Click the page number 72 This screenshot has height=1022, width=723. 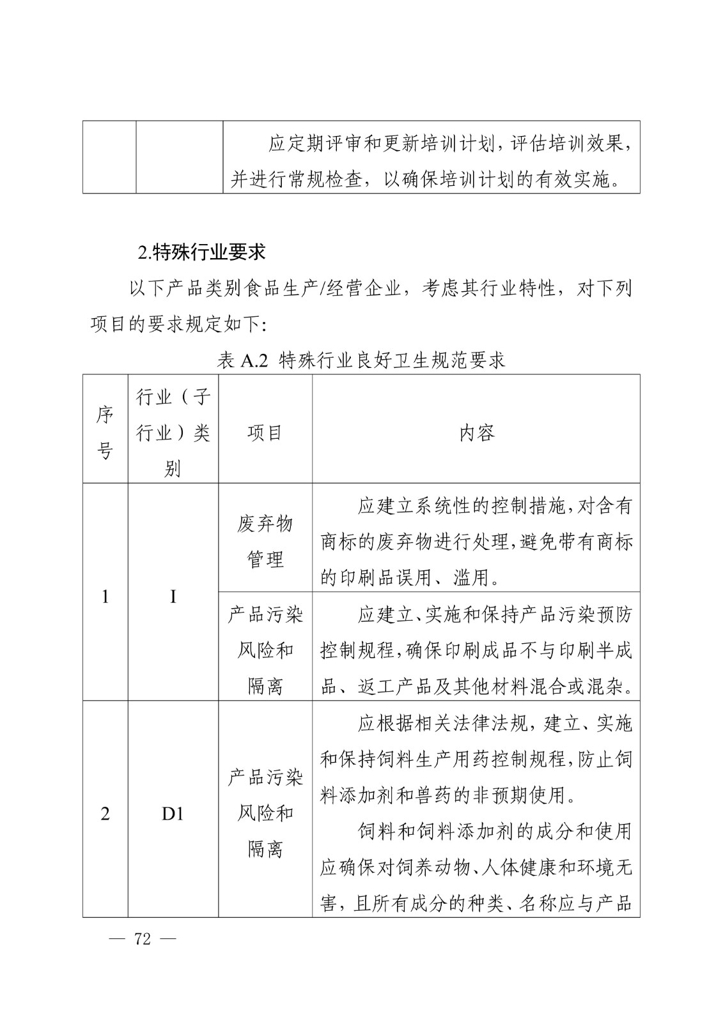click(x=143, y=939)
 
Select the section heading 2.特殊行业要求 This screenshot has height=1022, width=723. click(x=201, y=252)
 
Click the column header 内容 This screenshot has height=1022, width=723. click(x=476, y=433)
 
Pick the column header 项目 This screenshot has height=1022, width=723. click(x=265, y=433)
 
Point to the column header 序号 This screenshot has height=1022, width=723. click(x=105, y=433)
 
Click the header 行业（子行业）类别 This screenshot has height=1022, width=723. click(x=173, y=433)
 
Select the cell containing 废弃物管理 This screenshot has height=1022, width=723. click(x=265, y=542)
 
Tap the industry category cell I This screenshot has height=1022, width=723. click(x=173, y=597)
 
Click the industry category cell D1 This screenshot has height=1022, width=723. click(x=173, y=814)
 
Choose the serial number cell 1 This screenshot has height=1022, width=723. click(x=105, y=597)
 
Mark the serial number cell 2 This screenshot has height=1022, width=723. click(x=105, y=814)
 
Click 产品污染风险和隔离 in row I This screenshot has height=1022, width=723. click(x=265, y=650)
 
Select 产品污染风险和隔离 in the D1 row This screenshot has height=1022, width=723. click(x=265, y=813)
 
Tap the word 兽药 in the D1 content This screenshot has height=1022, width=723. click(x=433, y=795)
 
